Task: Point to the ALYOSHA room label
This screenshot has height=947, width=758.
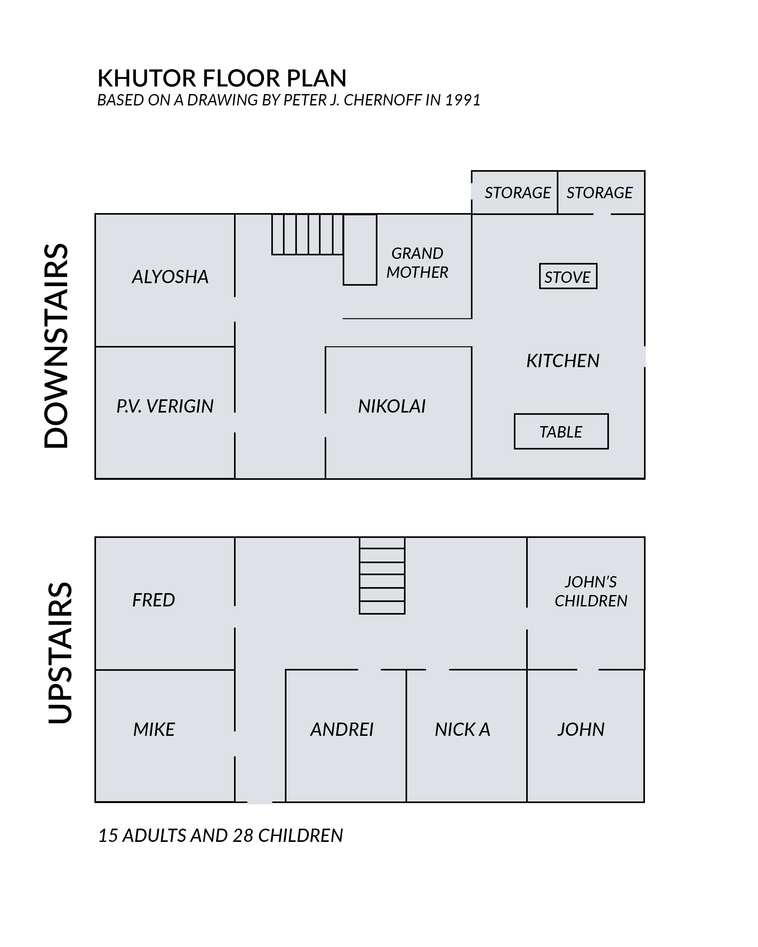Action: (170, 277)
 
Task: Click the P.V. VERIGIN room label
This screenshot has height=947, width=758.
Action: (165, 406)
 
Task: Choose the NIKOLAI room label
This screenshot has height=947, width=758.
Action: (392, 406)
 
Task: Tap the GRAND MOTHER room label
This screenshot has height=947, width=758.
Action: (418, 263)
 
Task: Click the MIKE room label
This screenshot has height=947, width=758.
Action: (154, 729)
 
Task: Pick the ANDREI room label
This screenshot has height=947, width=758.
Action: (342, 729)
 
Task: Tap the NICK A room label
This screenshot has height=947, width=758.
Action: (462, 729)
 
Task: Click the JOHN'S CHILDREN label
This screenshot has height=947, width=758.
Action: (591, 591)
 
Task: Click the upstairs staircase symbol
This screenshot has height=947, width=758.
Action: (382, 575)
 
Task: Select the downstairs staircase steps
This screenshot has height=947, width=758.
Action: (307, 234)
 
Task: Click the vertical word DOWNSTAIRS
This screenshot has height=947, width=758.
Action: (56, 346)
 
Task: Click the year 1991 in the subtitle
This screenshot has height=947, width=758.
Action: (463, 100)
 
